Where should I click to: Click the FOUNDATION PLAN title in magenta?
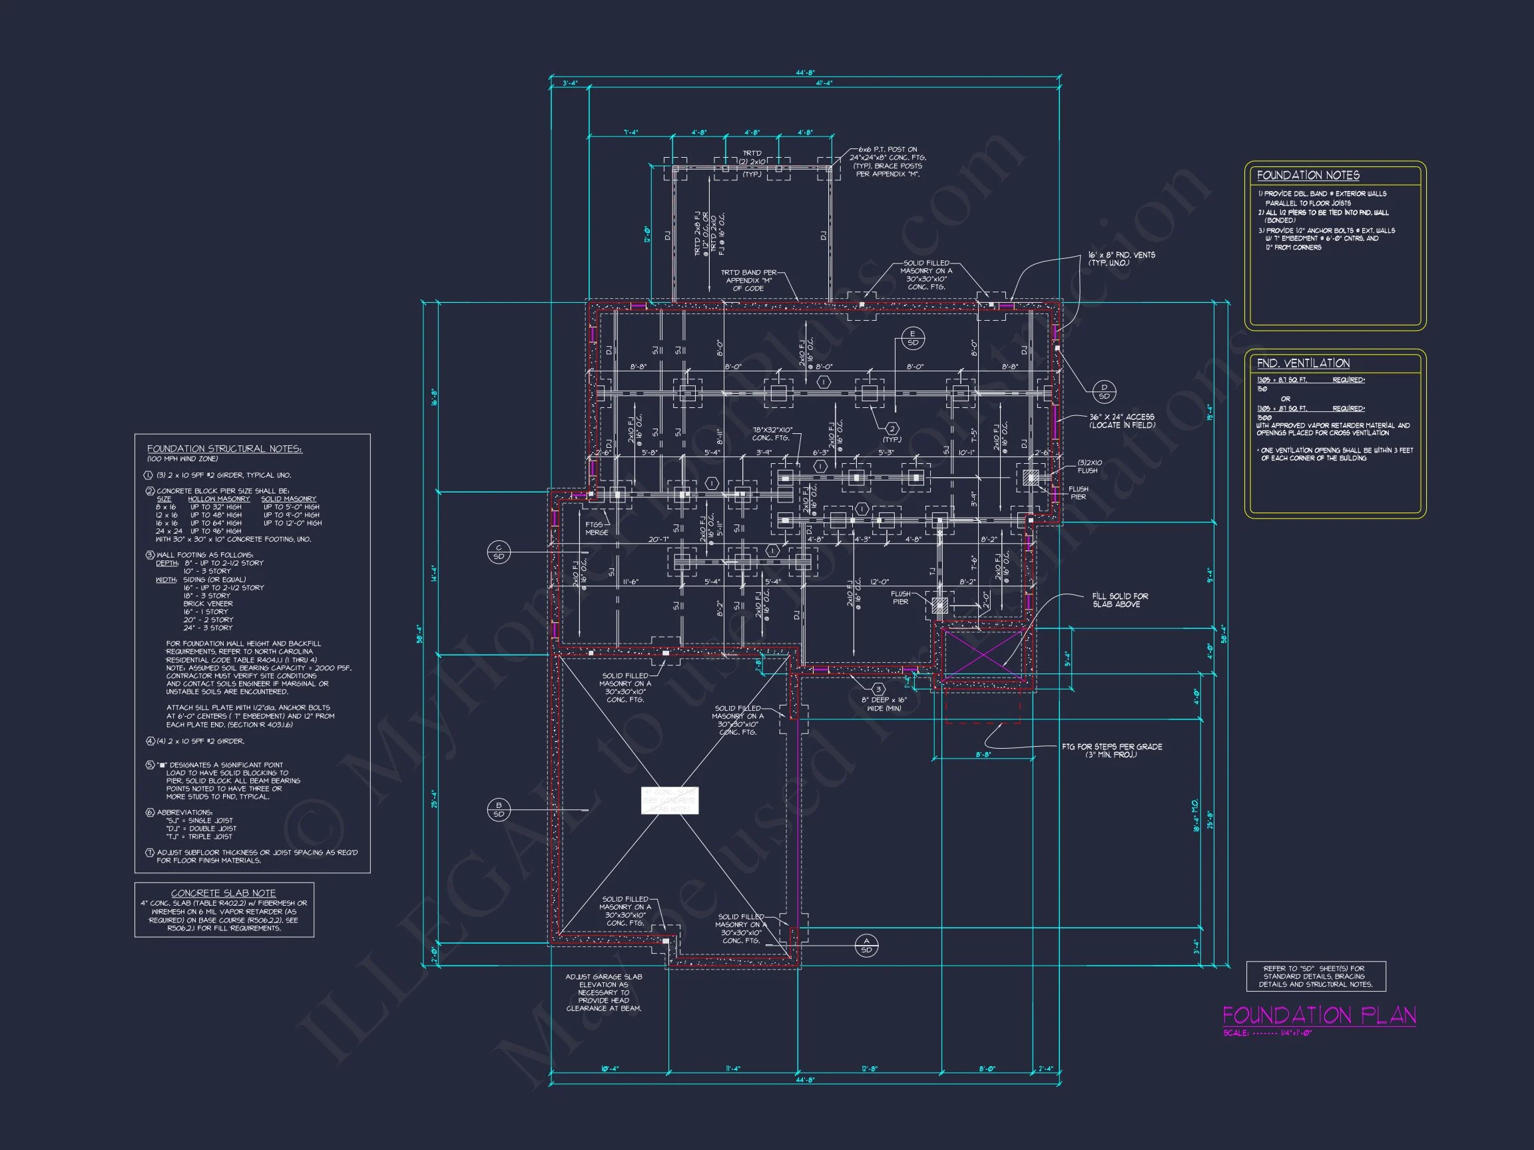[x=1318, y=1016]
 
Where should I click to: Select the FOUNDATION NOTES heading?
[x=1308, y=176]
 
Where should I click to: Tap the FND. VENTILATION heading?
[x=1303, y=363]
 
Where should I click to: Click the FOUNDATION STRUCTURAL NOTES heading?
[x=224, y=449]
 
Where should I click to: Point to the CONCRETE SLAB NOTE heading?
[x=223, y=893]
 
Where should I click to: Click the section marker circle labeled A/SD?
[x=866, y=946]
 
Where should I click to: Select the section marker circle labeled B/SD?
[x=499, y=809]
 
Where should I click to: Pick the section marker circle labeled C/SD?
[x=499, y=552]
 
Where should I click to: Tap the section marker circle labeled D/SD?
[x=1104, y=391]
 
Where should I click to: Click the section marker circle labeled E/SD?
[x=913, y=338]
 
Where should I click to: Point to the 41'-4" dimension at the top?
[x=824, y=83]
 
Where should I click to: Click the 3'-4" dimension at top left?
[x=569, y=83]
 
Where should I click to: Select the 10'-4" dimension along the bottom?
[x=610, y=1068]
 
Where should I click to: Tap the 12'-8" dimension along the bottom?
[x=870, y=1068]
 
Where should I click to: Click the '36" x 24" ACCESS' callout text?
[x=1121, y=421]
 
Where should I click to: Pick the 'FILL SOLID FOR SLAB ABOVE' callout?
[x=1119, y=600]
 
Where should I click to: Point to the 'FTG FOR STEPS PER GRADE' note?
[x=1112, y=750]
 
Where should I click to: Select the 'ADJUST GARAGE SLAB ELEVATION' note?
[x=603, y=992]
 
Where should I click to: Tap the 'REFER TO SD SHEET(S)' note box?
[x=1315, y=976]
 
